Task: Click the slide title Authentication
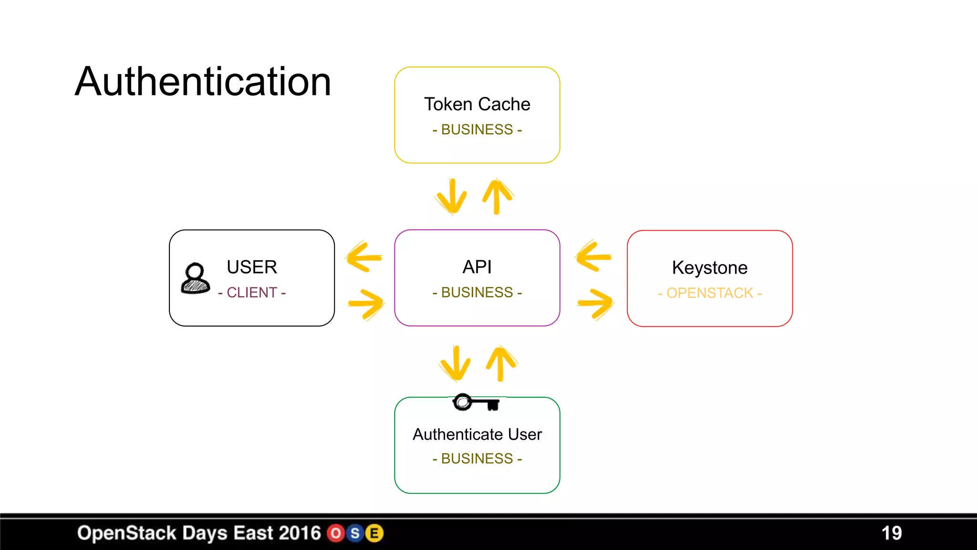click(203, 82)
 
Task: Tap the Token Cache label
click(477, 104)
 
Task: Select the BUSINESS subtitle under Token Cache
click(477, 129)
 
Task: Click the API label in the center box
click(477, 267)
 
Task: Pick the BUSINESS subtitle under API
click(477, 292)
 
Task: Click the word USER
click(252, 267)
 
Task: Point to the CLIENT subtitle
click(252, 292)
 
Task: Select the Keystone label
click(709, 268)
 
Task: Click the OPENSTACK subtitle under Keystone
click(709, 293)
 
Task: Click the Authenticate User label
click(477, 434)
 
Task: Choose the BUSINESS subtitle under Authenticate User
click(477, 458)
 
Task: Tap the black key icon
click(476, 402)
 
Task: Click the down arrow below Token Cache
click(451, 196)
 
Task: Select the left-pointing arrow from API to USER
click(364, 257)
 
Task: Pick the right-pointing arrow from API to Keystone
click(595, 303)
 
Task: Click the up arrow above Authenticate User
click(501, 363)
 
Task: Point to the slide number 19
click(891, 533)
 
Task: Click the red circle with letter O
click(336, 533)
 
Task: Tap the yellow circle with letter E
click(374, 533)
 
